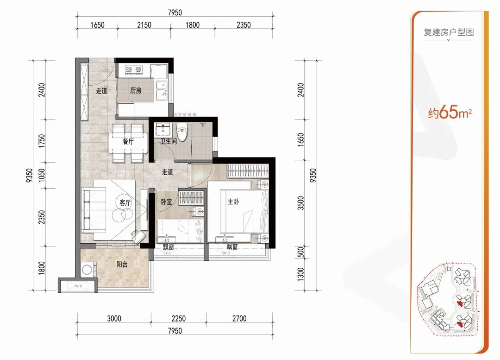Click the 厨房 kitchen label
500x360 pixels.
tap(136, 91)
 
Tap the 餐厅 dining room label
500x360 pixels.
tap(128, 141)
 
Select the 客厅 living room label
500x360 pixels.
tap(125, 202)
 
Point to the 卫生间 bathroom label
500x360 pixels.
tap(169, 141)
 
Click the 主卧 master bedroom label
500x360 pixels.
tap(233, 202)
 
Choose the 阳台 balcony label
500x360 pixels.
tap(122, 264)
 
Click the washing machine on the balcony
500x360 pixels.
tap(87, 270)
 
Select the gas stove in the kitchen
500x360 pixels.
tap(134, 69)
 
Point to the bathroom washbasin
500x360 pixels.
tap(163, 130)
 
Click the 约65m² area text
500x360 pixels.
tap(450, 112)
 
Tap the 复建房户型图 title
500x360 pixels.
tap(449, 32)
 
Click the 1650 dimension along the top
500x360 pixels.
tap(97, 25)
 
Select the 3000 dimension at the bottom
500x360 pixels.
tap(114, 318)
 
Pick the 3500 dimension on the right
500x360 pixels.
tap(301, 203)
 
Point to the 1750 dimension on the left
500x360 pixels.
tap(42, 141)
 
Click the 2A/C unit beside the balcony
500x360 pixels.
tap(78, 286)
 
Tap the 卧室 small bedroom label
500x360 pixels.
tap(167, 202)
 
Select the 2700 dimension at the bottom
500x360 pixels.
tap(239, 318)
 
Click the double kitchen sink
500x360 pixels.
tap(162, 91)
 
